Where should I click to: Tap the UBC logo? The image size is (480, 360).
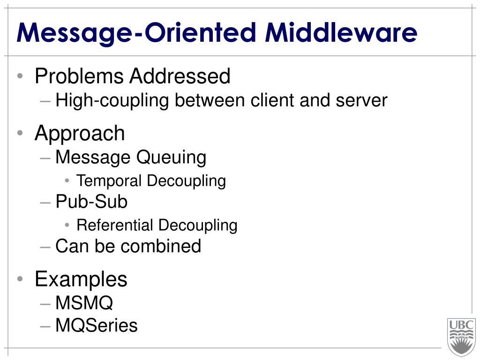coord(461,337)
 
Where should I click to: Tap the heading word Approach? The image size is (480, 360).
coord(80,134)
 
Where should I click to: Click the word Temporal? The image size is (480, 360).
coord(109,180)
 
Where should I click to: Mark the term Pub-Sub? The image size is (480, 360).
coord(91,202)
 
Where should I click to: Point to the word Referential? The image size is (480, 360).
coord(115,225)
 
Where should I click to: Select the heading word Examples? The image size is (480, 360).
coord(81,280)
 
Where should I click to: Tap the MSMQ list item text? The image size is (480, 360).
coord(84,303)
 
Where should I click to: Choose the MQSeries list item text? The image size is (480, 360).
coord(97,325)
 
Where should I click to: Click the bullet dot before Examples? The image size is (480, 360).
coord(19,280)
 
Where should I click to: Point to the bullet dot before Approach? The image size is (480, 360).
coord(19,134)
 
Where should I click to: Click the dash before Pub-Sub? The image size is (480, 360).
coord(45,202)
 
